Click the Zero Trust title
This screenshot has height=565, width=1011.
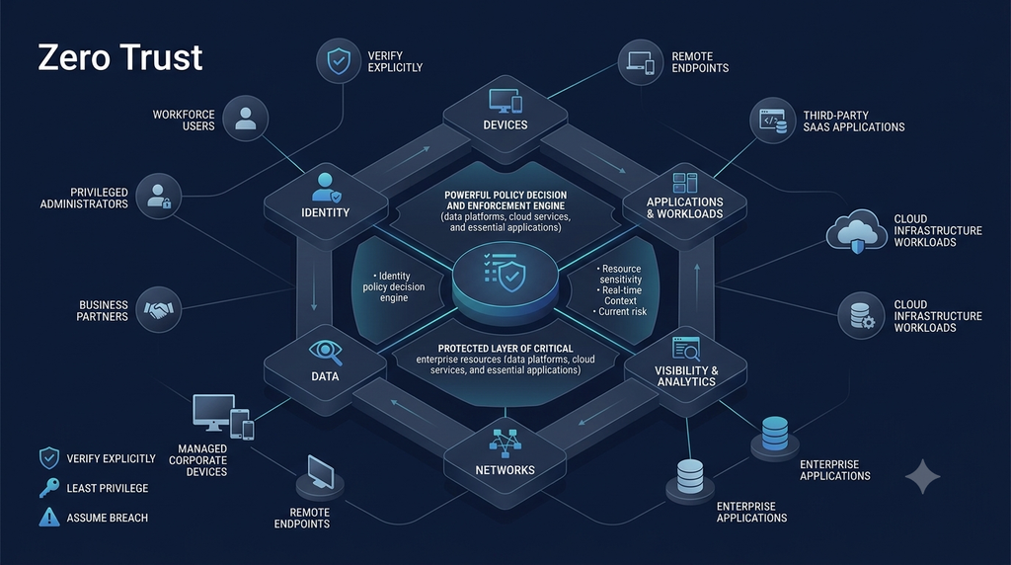120,57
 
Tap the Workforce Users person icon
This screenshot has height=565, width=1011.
245,119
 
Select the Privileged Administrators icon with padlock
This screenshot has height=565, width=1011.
159,197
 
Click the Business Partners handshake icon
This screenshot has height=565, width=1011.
159,310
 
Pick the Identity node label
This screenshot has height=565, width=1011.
325,212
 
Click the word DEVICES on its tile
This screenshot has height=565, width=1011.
505,125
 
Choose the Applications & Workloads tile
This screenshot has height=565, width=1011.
685,204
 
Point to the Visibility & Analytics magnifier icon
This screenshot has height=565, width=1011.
685,349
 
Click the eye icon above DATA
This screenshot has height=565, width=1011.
325,352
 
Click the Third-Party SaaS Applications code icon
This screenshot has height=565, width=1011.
772,121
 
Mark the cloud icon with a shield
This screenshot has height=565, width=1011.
857,231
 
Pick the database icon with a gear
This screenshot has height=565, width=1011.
862,316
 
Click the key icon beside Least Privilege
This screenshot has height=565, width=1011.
49,488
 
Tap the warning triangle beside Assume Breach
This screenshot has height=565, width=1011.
49,518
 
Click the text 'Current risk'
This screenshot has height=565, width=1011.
620,312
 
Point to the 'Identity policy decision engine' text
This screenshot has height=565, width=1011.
393,287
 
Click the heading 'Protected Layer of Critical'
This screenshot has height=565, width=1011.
505,349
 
